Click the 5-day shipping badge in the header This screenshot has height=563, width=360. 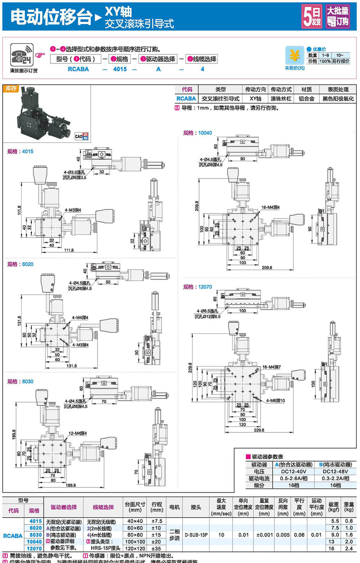(x=311, y=16)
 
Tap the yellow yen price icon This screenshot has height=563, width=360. (x=294, y=56)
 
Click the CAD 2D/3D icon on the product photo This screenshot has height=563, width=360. (x=81, y=136)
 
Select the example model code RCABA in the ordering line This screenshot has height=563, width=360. (x=78, y=69)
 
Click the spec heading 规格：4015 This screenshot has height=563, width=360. (x=20, y=152)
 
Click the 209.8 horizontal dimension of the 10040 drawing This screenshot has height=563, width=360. (x=267, y=268)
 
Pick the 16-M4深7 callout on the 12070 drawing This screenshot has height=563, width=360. (x=271, y=367)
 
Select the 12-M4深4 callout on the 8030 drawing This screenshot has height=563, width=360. (x=77, y=433)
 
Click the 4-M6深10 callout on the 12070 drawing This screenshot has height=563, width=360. (x=275, y=400)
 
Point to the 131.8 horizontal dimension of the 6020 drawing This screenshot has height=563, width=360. (x=71, y=366)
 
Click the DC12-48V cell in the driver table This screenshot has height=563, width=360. (x=335, y=471)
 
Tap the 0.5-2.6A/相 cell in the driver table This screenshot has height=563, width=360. (x=293, y=478)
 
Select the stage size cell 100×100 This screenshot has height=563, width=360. (x=135, y=542)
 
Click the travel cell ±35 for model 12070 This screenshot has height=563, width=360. (x=157, y=549)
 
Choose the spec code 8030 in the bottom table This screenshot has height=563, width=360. (x=35, y=535)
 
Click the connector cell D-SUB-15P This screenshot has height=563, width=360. (x=196, y=535)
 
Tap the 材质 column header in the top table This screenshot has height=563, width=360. (x=306, y=89)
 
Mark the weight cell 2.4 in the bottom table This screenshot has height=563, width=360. (x=348, y=549)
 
